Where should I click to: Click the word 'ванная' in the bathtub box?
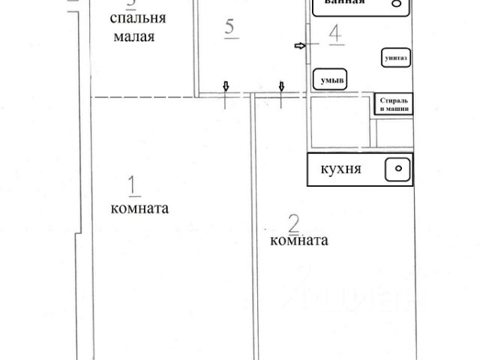[344, 2]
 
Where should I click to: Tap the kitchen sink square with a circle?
[397, 170]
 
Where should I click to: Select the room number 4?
[336, 34]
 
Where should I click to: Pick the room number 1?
[133, 184]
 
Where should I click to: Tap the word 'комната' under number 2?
[298, 241]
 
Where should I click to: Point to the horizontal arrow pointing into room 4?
[300, 46]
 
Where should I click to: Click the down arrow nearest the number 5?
[226, 87]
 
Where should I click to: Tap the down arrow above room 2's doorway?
[282, 87]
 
